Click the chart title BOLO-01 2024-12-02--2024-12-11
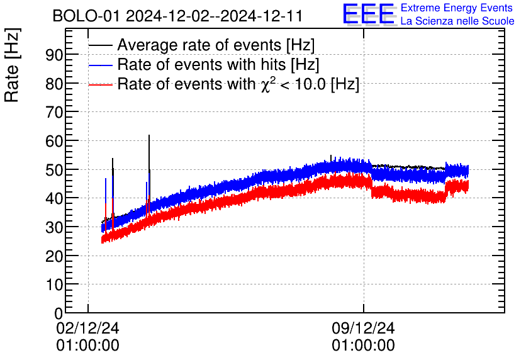177,16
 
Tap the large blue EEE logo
369,14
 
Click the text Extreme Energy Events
457,8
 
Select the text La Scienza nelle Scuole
457,21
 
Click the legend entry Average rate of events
216,45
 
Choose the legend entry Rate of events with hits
218,65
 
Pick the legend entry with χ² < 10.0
238,84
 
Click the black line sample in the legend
101,45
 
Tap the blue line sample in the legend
101,65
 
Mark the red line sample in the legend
101,84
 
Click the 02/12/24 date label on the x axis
87,329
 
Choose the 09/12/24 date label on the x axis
363,329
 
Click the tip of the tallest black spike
149,135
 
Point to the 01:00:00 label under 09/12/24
363,346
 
